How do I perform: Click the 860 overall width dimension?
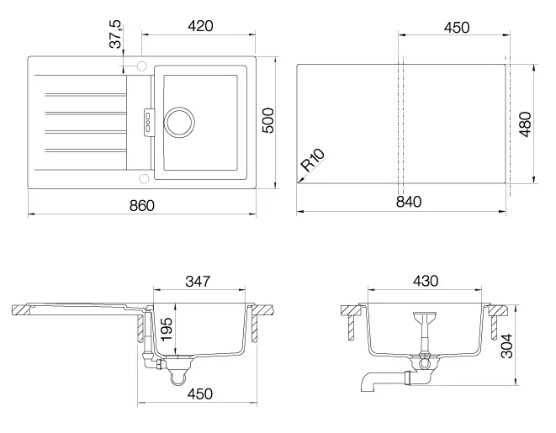tap(142, 205)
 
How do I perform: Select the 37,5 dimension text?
tap(116, 34)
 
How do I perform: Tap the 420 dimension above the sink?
tap(200, 26)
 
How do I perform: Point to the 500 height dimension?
tap(268, 120)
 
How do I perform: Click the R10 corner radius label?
tap(312, 160)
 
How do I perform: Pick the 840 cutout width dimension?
tap(409, 202)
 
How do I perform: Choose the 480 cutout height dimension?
tap(526, 124)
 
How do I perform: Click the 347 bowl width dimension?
tap(198, 282)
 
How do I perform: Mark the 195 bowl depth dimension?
tap(167, 330)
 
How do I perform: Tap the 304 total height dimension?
tap(506, 346)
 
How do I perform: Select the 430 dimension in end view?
tap(426, 281)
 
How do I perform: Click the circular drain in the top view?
tap(179, 122)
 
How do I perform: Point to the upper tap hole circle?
tap(142, 66)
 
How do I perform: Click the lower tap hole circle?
tap(144, 178)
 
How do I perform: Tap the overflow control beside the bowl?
tap(149, 120)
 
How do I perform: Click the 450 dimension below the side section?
tap(199, 393)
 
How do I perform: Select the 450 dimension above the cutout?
tap(457, 27)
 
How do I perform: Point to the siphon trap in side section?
tap(178, 377)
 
